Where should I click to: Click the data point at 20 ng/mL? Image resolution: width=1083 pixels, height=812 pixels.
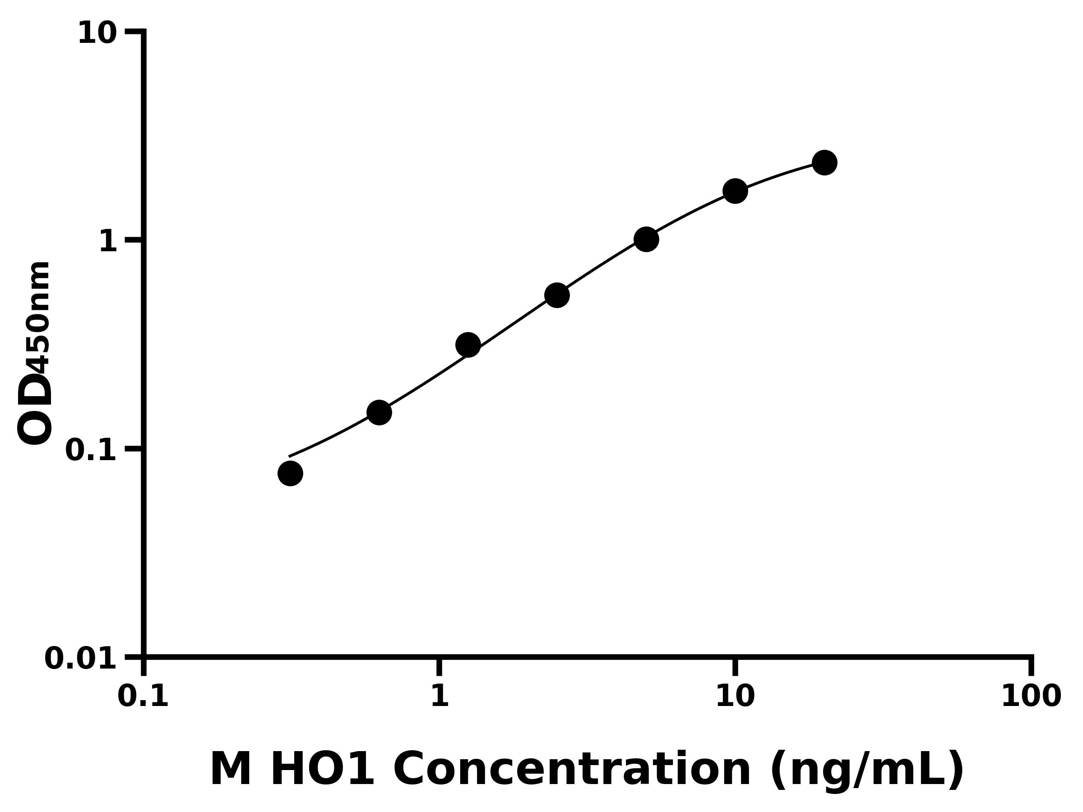coord(824,162)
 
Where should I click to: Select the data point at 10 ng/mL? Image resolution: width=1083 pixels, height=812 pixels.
coord(735,191)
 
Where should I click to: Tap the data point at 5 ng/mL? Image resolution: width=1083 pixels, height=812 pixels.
coord(646,239)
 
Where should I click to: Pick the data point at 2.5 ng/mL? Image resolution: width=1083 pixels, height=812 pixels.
coord(557,295)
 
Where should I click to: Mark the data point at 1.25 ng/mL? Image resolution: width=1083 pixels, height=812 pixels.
coord(467,345)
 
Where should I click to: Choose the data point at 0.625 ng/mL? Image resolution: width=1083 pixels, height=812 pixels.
coord(379,412)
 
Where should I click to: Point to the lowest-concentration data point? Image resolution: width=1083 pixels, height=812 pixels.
coord(290,473)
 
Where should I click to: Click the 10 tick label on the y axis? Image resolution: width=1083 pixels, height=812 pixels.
coord(97,33)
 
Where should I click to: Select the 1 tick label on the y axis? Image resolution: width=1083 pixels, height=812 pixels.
coord(108,241)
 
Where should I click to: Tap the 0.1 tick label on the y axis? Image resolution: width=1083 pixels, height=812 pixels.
coord(91,450)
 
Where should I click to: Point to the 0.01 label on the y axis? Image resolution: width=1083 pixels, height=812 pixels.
coord(80,658)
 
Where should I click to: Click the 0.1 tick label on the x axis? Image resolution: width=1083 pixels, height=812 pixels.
coord(143,696)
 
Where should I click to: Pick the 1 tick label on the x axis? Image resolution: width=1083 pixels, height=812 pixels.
coord(440,696)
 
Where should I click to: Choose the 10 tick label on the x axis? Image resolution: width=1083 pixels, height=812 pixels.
coord(735,696)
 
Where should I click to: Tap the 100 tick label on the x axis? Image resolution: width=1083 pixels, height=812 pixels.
coord(1031,696)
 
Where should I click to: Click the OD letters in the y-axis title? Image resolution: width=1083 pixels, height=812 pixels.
coord(34,409)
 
